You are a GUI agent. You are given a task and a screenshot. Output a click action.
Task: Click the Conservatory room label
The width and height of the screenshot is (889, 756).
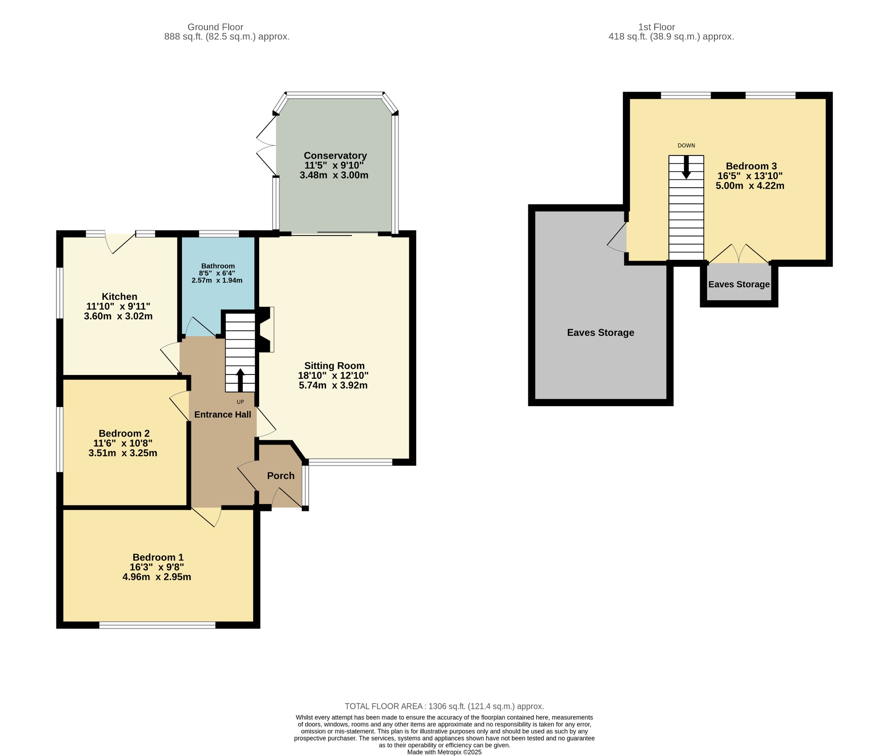point(335,156)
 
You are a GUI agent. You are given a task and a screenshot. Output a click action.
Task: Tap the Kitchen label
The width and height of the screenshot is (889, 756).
point(119,297)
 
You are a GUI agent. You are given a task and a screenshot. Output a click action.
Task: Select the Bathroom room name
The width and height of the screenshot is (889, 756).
point(218,266)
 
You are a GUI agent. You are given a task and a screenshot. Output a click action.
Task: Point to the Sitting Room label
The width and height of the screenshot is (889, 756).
point(334,366)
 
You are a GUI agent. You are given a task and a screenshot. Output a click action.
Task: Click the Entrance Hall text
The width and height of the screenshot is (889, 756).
point(223,414)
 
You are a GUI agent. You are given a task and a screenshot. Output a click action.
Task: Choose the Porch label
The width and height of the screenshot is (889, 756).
point(281,476)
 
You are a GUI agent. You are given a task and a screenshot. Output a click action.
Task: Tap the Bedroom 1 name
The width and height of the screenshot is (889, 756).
point(158,557)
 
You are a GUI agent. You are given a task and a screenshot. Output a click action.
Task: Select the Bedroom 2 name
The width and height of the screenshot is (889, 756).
point(124,434)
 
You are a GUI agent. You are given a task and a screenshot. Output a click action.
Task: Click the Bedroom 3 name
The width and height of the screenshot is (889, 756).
point(751,166)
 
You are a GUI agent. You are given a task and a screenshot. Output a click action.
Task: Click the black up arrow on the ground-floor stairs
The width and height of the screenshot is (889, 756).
point(240,380)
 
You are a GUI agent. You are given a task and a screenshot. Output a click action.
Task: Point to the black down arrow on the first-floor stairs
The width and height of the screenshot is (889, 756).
point(686,167)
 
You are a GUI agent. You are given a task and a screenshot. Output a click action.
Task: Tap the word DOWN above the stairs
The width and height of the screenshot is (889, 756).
point(686,146)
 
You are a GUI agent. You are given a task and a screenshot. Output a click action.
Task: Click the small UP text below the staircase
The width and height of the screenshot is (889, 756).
point(240,402)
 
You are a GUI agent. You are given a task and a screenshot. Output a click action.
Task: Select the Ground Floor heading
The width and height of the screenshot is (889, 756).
point(215,27)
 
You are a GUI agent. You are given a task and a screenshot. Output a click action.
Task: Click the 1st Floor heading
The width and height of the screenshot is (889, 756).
point(656,27)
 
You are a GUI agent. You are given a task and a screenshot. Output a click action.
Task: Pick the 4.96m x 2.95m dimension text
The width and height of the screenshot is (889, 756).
point(157,577)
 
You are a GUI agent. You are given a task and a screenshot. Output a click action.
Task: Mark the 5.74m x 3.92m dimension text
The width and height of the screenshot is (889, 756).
point(333,385)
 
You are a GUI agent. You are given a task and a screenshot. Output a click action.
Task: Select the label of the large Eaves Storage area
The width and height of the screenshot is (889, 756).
point(600,333)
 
